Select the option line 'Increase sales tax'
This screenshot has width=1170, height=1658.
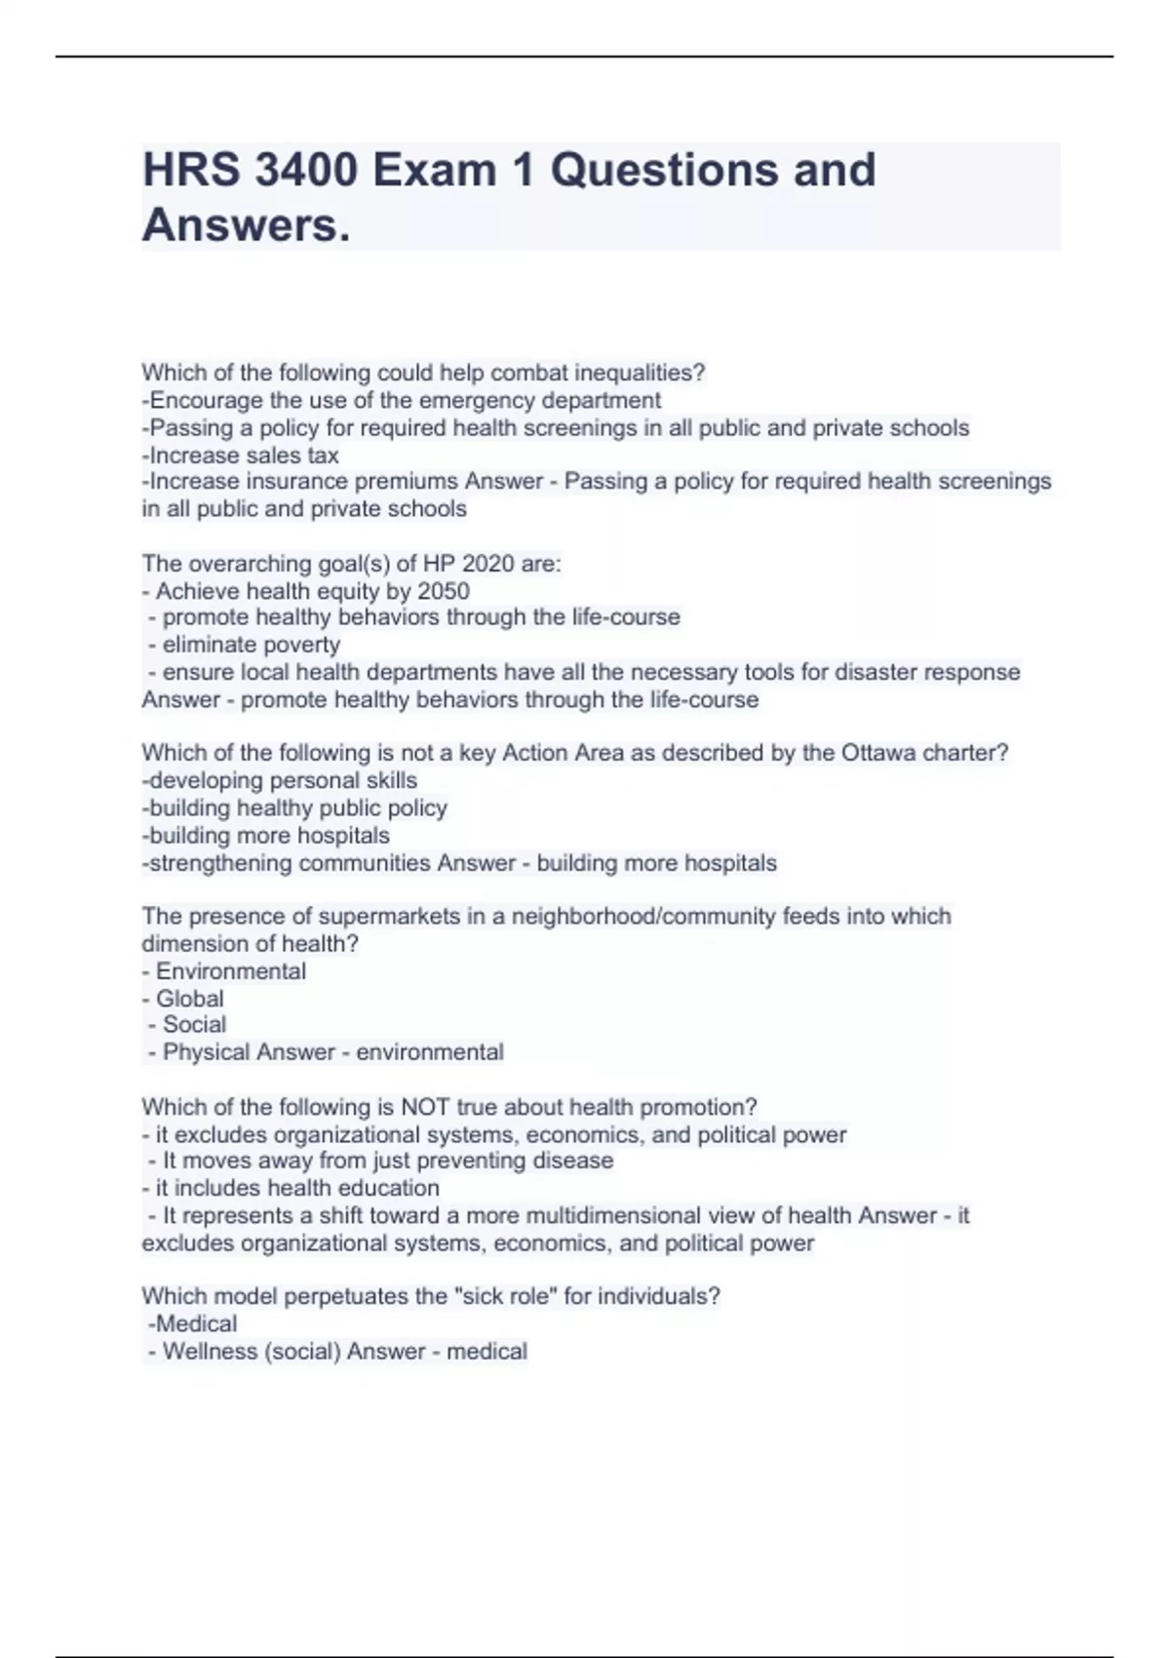[241, 455]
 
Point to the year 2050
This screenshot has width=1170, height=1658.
[444, 591]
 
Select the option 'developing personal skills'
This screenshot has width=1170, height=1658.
[280, 780]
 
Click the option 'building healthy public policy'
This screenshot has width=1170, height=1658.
[294, 808]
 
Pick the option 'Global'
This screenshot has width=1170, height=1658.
[189, 999]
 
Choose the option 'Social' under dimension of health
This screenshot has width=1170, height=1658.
[194, 1024]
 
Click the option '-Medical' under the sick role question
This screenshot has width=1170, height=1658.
[192, 1323]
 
